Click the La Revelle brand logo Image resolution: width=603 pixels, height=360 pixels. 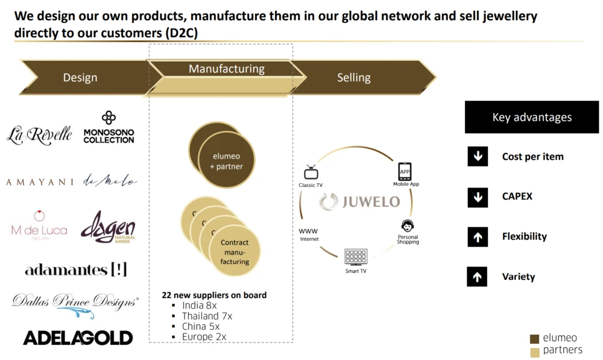pos(39,134)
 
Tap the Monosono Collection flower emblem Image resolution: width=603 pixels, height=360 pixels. pos(109,117)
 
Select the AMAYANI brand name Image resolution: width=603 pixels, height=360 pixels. pos(40,182)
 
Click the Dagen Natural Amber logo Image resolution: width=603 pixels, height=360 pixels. pos(109,227)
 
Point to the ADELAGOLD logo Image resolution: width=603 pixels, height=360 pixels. pos(78,338)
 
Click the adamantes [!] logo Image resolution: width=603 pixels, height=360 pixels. pos(76,270)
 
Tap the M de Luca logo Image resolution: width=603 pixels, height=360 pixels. pos(39,225)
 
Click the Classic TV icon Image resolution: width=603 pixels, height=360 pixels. pos(311,172)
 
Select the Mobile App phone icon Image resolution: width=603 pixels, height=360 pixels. pos(405,171)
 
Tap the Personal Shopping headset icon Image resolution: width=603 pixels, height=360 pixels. pos(408,226)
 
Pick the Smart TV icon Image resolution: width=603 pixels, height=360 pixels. pos(356,257)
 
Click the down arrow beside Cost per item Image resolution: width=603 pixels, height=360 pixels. pos(478,157)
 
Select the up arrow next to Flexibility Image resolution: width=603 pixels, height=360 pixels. pos(478,237)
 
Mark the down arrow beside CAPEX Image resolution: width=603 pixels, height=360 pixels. pos(478,197)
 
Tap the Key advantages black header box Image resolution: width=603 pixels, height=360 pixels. pos(532,118)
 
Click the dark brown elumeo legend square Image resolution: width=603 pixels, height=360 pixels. pos(534,339)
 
